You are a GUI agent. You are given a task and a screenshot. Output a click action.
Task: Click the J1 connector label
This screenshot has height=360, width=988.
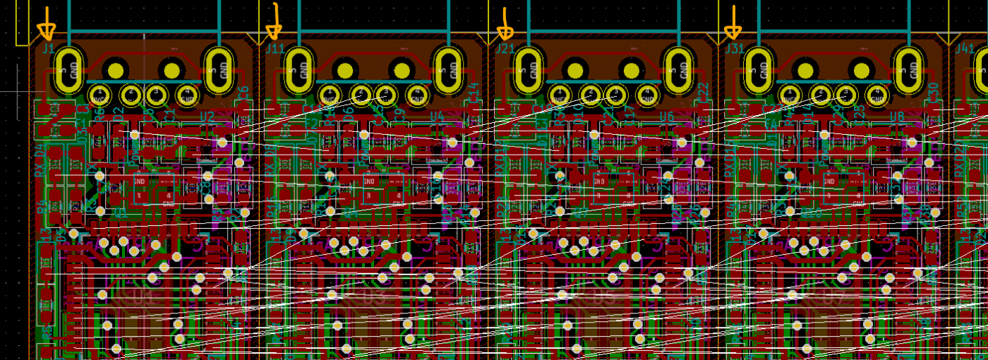[48, 49]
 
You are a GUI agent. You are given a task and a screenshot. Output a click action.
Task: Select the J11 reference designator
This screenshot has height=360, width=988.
[275, 49]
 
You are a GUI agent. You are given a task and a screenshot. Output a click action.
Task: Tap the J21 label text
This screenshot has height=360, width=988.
[505, 49]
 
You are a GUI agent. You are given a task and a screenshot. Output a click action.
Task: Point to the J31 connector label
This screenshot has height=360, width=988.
[735, 49]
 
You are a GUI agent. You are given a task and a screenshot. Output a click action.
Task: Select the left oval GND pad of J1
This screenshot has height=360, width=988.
[68, 70]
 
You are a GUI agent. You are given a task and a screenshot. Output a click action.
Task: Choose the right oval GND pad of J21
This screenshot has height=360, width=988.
[678, 70]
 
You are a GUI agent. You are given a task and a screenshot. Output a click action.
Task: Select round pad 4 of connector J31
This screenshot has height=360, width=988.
[877, 94]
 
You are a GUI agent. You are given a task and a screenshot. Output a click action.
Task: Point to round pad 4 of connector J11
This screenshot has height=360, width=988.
[418, 94]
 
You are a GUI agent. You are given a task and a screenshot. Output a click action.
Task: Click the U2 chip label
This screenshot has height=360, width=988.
[207, 116]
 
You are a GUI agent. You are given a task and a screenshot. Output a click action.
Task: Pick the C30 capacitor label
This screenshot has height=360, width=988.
[933, 91]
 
